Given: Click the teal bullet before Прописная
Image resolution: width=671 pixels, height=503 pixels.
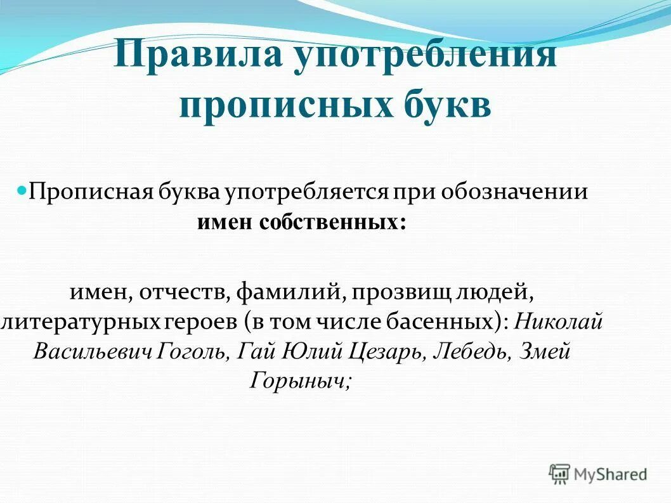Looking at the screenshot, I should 22,189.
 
